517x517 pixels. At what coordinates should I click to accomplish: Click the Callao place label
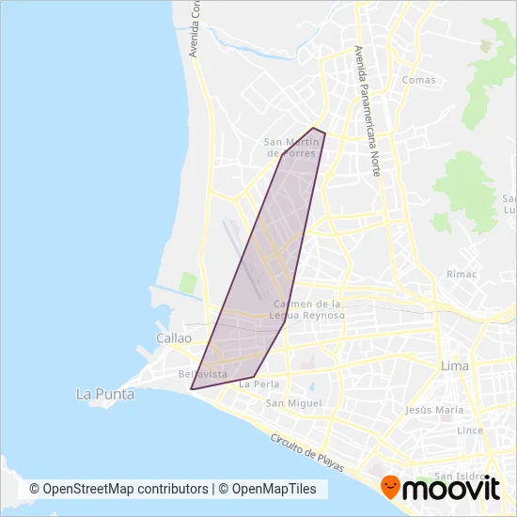(x=175, y=337)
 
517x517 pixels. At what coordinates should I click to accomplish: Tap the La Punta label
(x=103, y=395)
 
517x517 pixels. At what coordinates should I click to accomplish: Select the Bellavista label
(x=202, y=374)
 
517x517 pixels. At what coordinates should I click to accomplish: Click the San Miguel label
(x=293, y=403)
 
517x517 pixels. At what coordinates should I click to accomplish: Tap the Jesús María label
(x=434, y=410)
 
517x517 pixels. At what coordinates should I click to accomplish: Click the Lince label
(x=469, y=430)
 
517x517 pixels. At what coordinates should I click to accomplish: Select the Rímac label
(x=462, y=274)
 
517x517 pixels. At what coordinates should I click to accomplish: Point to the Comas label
(x=419, y=80)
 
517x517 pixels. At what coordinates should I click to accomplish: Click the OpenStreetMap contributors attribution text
(x=118, y=489)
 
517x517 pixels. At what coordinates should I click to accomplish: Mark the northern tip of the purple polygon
(x=314, y=128)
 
